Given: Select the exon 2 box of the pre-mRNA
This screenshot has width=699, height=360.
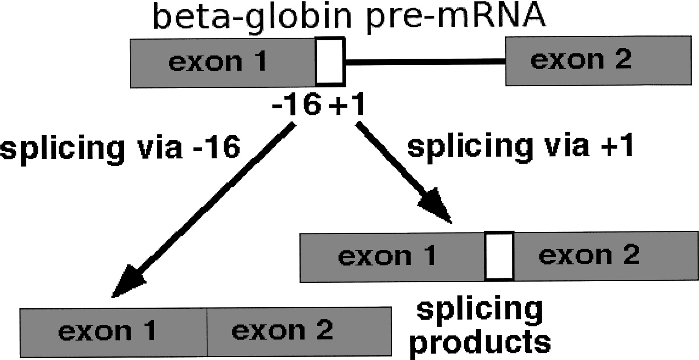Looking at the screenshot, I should [598, 61].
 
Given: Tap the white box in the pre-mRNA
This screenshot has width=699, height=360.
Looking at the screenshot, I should [330, 61].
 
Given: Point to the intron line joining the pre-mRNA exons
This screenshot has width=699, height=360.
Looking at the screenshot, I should [425, 61].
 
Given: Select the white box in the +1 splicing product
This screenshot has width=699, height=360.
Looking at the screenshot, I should [499, 256].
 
